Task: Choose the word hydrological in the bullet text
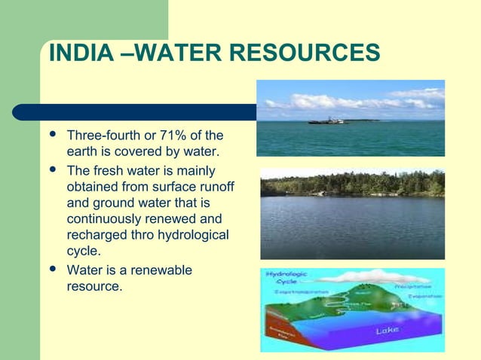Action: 192,236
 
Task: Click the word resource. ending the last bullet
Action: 95,286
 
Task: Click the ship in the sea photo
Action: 326,120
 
